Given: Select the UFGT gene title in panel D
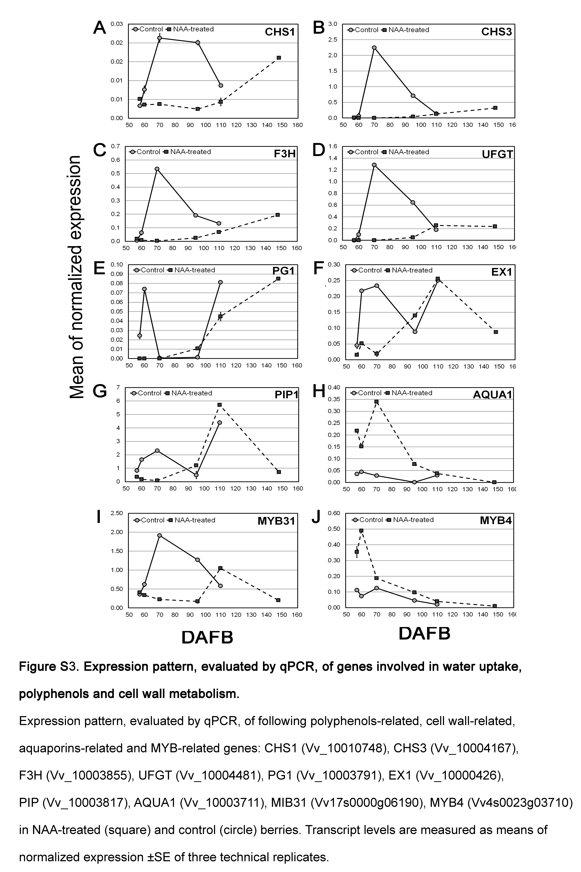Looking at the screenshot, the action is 497,154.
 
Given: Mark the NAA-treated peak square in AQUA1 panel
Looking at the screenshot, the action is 376,402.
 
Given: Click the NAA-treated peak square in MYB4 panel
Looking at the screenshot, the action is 361,531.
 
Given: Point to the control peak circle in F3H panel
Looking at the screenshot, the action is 157,169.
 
